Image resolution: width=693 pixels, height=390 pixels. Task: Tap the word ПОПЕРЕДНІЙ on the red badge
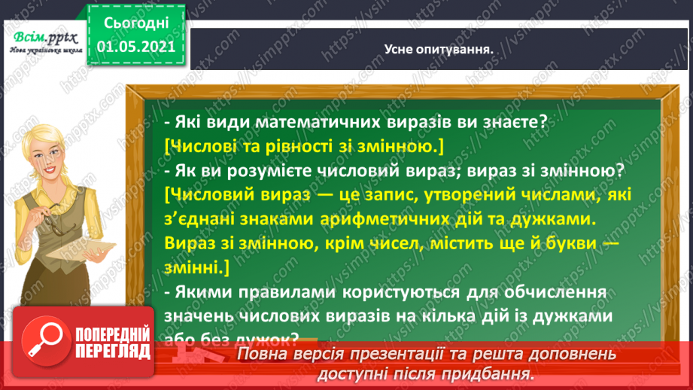click(x=112, y=334)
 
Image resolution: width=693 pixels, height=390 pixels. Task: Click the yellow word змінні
click(x=194, y=269)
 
